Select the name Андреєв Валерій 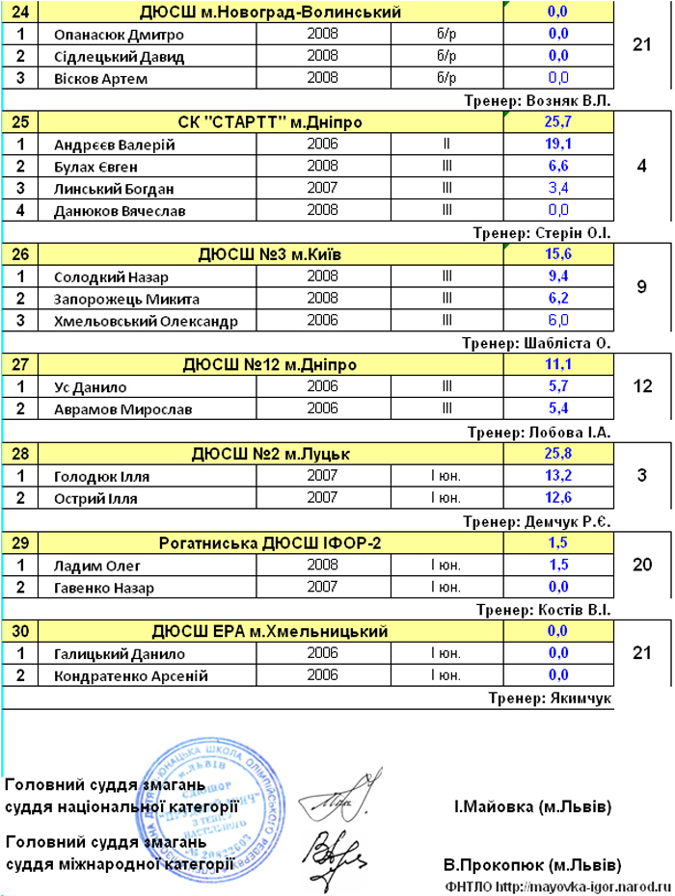coord(115,145)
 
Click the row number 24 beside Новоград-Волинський coord(20,13)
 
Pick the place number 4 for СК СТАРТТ coord(642,166)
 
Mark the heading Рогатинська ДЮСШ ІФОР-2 coord(270,544)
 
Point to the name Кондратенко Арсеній coord(131,675)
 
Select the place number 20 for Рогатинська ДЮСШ coord(642,566)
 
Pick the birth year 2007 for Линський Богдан coord(321,188)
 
